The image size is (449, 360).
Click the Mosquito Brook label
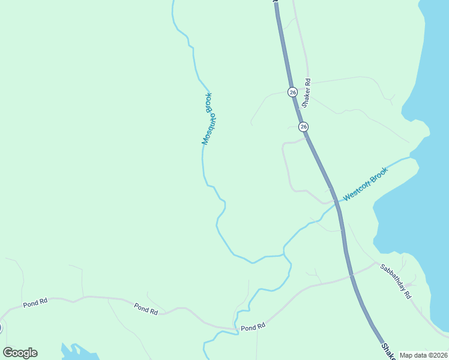click(x=208, y=119)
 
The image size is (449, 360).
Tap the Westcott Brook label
click(x=366, y=184)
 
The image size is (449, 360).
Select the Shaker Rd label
click(x=306, y=93)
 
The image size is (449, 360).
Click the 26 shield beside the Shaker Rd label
click(x=292, y=92)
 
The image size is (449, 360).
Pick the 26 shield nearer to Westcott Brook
click(x=303, y=127)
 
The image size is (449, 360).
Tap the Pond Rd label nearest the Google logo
click(x=35, y=304)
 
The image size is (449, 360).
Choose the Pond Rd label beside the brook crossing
click(x=253, y=328)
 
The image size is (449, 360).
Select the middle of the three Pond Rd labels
click(x=146, y=308)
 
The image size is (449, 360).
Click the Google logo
click(x=20, y=352)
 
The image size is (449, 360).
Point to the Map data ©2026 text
click(x=424, y=355)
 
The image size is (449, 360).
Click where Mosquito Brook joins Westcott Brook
click(x=283, y=255)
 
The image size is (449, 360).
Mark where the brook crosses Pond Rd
click(x=237, y=329)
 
